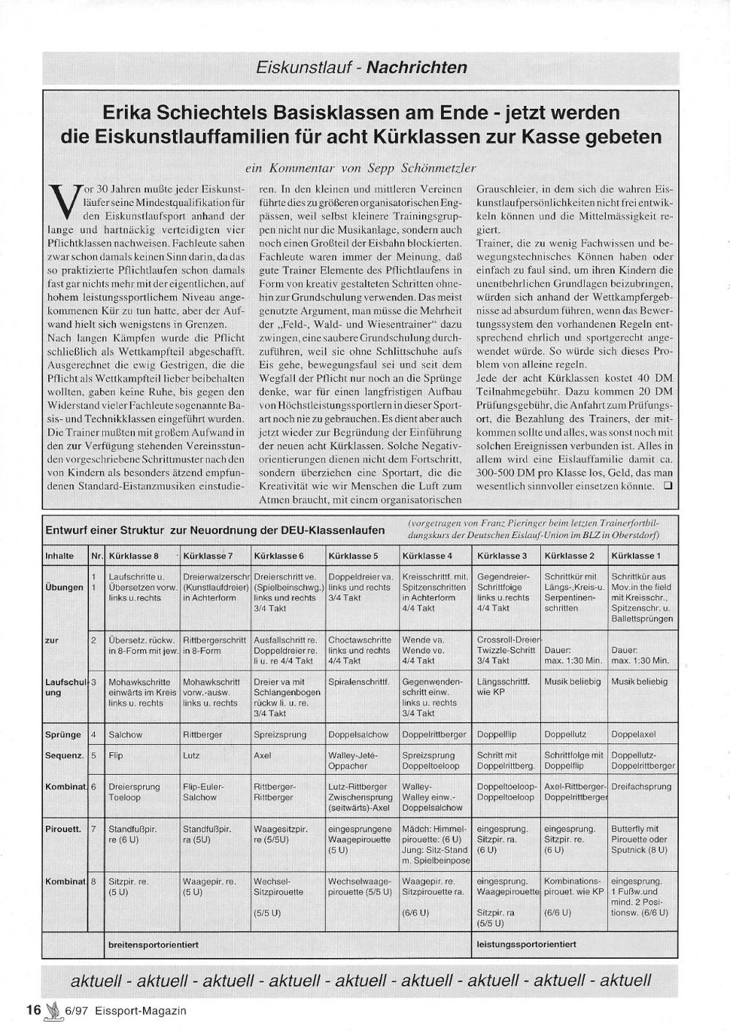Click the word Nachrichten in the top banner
point(416,68)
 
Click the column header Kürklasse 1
point(636,556)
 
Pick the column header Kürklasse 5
point(353,556)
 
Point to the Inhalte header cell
point(60,556)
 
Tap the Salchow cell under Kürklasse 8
point(126,735)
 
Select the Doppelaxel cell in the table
point(634,735)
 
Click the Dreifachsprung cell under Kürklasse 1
point(641,786)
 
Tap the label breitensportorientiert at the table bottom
point(153,944)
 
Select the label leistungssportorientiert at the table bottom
point(526,944)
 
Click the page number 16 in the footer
point(33,1011)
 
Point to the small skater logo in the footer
point(53,1011)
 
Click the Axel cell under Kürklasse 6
point(263,756)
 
